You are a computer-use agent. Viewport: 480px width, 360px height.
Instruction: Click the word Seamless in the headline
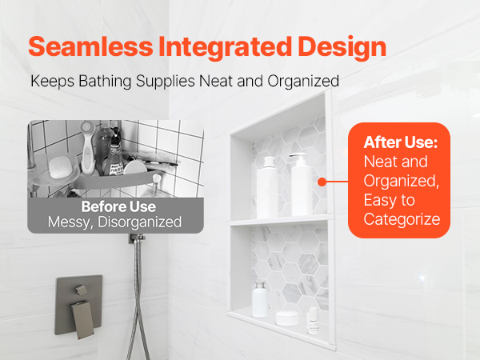coord(90,46)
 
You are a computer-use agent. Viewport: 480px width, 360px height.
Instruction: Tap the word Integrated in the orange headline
coord(225,47)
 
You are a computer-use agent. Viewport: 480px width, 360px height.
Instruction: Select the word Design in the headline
coord(342,47)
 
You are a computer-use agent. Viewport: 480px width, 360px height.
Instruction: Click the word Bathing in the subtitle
coord(105,82)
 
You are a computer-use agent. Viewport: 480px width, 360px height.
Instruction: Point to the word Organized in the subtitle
coord(303,82)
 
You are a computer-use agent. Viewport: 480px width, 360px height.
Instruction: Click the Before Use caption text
coord(118,206)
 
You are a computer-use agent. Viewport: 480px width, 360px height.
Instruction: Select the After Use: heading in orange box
coord(401,142)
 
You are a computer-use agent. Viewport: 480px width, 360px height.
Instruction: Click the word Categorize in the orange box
coord(402,219)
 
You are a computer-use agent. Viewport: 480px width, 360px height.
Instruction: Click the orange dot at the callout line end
coord(322,182)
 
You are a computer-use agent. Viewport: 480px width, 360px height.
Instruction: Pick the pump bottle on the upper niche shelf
coord(302,184)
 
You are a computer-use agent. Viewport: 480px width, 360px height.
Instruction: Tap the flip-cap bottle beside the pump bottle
coord(267,187)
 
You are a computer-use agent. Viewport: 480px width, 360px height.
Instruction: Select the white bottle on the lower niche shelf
coord(260,299)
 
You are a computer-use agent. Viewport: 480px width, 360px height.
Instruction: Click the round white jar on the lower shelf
coord(287,318)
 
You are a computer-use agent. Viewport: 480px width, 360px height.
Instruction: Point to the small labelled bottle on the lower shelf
coord(313,320)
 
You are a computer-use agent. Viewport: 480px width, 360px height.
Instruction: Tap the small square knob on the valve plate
coord(82,290)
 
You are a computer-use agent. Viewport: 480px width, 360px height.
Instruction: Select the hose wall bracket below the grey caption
coord(137,238)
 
